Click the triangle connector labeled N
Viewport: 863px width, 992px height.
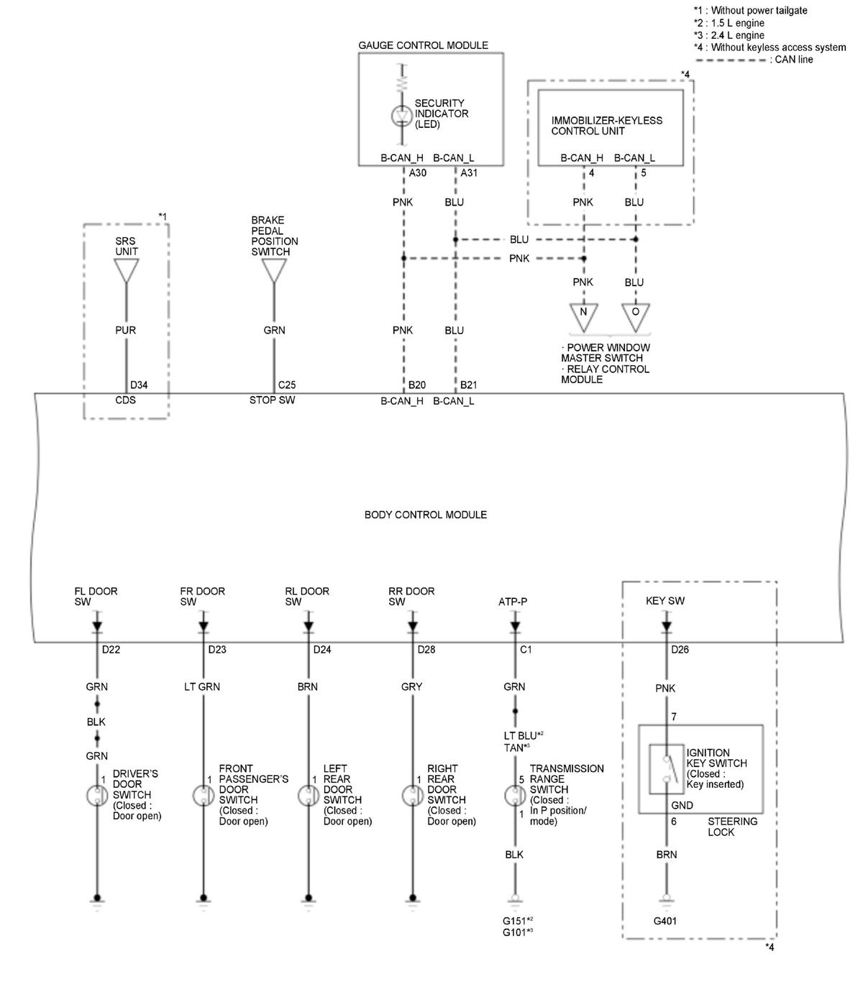pos(583,315)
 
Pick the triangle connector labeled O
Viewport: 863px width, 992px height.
pos(635,315)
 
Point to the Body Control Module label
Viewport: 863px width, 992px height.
pos(425,515)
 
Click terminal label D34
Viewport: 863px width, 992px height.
pos(139,385)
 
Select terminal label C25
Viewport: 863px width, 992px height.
pos(287,385)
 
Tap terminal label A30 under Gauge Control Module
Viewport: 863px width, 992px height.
pos(417,173)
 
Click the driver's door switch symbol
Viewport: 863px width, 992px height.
pos(97,796)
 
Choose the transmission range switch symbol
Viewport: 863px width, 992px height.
pos(515,796)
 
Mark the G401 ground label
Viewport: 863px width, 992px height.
pos(665,921)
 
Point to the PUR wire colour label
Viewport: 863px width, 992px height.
pos(126,331)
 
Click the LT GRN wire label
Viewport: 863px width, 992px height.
pos(202,686)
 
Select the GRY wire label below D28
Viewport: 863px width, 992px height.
pos(411,686)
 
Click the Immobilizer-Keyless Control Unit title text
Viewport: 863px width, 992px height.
pos(606,126)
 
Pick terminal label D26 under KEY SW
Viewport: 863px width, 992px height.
pos(680,650)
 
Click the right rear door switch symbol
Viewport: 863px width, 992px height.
pos(412,796)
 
